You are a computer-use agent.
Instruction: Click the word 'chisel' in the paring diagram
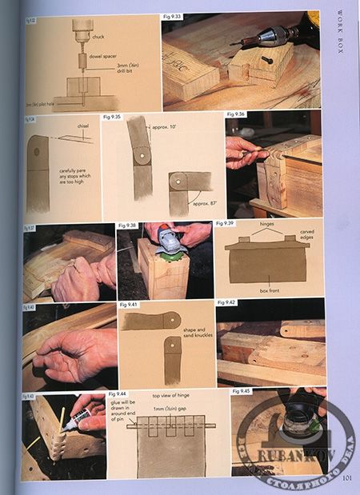pyautogui.click(x=82, y=124)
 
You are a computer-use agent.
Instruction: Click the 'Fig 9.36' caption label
pyautogui.click(x=236, y=114)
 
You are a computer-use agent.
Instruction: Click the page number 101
pyautogui.click(x=347, y=478)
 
